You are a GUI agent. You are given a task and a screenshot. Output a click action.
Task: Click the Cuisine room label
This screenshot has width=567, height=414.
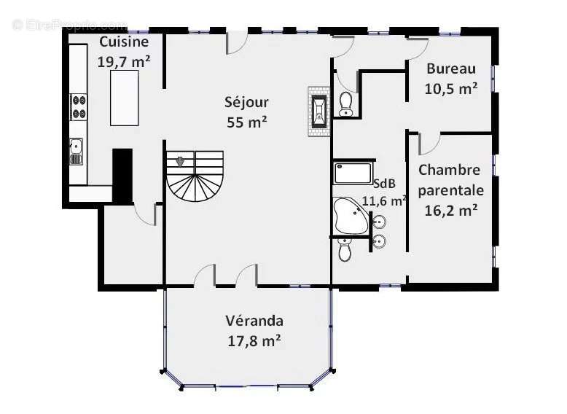(x=124, y=42)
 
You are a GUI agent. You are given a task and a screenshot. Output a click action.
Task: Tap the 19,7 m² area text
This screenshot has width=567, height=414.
(x=124, y=62)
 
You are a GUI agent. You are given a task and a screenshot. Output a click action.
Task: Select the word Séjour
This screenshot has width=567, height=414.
(x=246, y=102)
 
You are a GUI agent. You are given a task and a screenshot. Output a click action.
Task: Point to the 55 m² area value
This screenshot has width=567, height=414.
(x=247, y=122)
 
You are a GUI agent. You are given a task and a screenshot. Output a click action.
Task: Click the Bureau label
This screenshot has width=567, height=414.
(x=451, y=69)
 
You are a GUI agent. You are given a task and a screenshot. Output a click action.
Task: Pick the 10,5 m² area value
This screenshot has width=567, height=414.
(x=451, y=89)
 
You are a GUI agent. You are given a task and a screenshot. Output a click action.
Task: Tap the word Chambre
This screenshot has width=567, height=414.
(x=450, y=170)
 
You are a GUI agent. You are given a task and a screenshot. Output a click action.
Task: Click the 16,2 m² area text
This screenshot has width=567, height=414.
(x=451, y=210)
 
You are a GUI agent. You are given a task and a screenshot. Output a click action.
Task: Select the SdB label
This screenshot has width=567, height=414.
(x=384, y=184)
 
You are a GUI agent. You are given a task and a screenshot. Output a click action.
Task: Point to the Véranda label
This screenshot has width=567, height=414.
(x=254, y=321)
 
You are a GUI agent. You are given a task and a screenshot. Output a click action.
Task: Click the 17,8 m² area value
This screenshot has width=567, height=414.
(x=254, y=340)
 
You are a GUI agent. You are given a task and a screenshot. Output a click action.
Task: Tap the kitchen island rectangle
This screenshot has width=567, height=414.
(x=125, y=98)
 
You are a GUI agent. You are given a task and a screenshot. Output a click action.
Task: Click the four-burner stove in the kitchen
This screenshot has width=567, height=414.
(x=79, y=107)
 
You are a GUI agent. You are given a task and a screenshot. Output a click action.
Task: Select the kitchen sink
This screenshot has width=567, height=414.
(x=77, y=151)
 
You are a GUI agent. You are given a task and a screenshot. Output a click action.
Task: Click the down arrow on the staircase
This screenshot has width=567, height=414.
(x=180, y=162)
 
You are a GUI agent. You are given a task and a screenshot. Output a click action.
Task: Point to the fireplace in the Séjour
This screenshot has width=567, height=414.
(x=319, y=112)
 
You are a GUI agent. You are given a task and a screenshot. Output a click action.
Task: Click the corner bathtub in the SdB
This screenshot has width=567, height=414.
(x=351, y=216)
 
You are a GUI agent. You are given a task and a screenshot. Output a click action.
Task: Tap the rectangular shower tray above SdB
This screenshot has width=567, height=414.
(x=353, y=173)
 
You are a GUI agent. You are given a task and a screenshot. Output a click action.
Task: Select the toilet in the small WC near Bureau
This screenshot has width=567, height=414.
(x=346, y=104)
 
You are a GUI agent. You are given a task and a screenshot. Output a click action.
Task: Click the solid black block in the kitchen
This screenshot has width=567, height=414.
(x=122, y=177)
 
